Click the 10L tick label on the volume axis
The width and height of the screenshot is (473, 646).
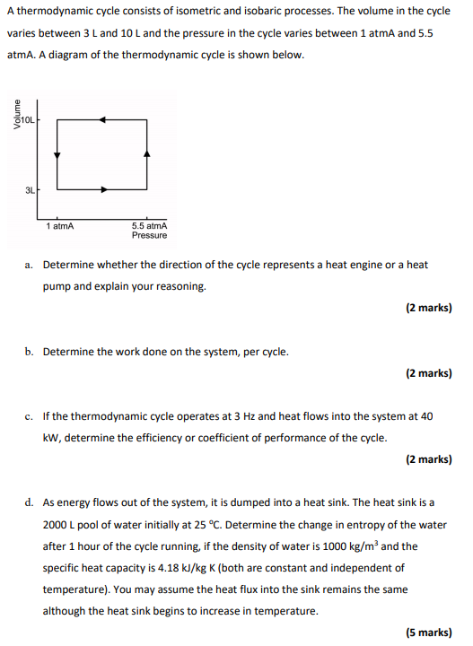click(x=27, y=118)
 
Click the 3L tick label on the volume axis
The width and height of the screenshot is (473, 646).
click(x=30, y=189)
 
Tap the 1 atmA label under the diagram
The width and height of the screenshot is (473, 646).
click(x=60, y=226)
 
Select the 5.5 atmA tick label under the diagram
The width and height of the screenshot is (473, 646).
click(x=149, y=226)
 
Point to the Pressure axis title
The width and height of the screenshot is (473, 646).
click(x=149, y=236)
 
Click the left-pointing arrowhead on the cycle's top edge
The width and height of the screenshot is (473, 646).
click(x=102, y=118)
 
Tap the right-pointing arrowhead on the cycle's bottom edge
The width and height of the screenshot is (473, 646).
click(x=105, y=189)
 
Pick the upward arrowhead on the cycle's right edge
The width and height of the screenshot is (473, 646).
click(x=147, y=154)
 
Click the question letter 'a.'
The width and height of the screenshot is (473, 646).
click(x=30, y=265)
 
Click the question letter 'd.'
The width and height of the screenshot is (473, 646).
click(x=30, y=503)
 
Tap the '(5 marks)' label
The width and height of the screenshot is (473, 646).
click(x=428, y=633)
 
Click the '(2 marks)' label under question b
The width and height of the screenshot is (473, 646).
click(x=428, y=373)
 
